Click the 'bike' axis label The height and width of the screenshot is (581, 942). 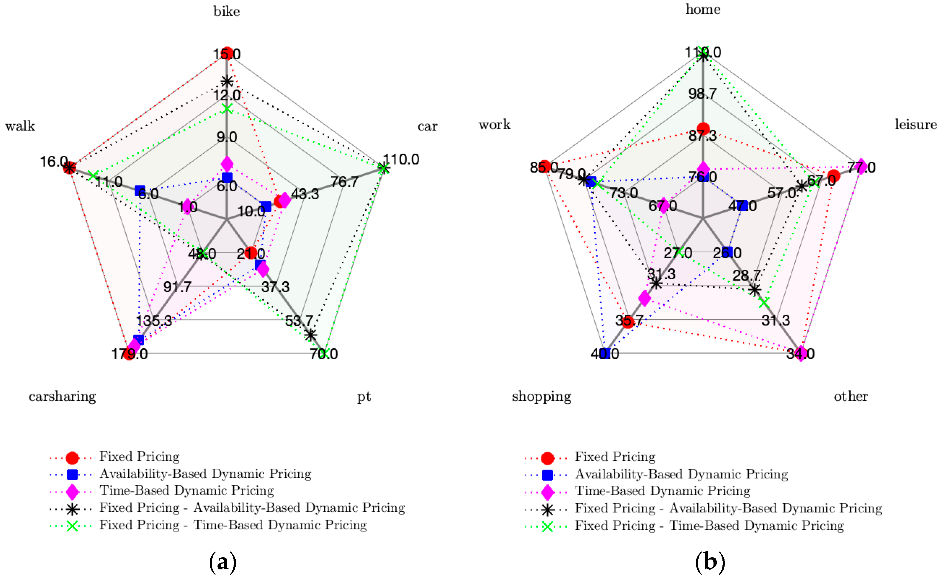[x=227, y=12]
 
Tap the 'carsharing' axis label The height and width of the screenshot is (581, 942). [x=62, y=396]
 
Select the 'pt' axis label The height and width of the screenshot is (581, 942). [x=364, y=397]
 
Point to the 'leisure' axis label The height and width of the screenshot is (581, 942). [x=915, y=125]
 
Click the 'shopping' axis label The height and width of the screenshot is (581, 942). [x=541, y=396]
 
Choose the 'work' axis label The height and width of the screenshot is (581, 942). [x=495, y=125]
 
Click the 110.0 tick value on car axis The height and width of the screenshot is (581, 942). [x=402, y=159]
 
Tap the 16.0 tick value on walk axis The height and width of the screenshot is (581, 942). [x=54, y=161]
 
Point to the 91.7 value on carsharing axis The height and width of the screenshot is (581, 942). [x=177, y=287]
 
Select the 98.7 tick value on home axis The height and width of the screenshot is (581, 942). [x=702, y=93]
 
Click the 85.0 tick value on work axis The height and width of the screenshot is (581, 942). [x=543, y=167]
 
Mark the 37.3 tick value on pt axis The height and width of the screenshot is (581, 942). [x=276, y=287]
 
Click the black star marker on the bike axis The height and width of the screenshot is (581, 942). [x=227, y=81]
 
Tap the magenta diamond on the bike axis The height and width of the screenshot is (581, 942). [x=227, y=164]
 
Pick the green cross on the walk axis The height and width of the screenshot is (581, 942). [x=93, y=176]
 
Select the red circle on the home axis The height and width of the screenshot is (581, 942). [x=703, y=128]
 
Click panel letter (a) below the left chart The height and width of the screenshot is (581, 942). [x=223, y=563]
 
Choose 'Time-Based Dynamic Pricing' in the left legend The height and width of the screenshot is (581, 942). [x=187, y=491]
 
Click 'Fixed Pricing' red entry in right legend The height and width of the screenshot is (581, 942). [x=615, y=457]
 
